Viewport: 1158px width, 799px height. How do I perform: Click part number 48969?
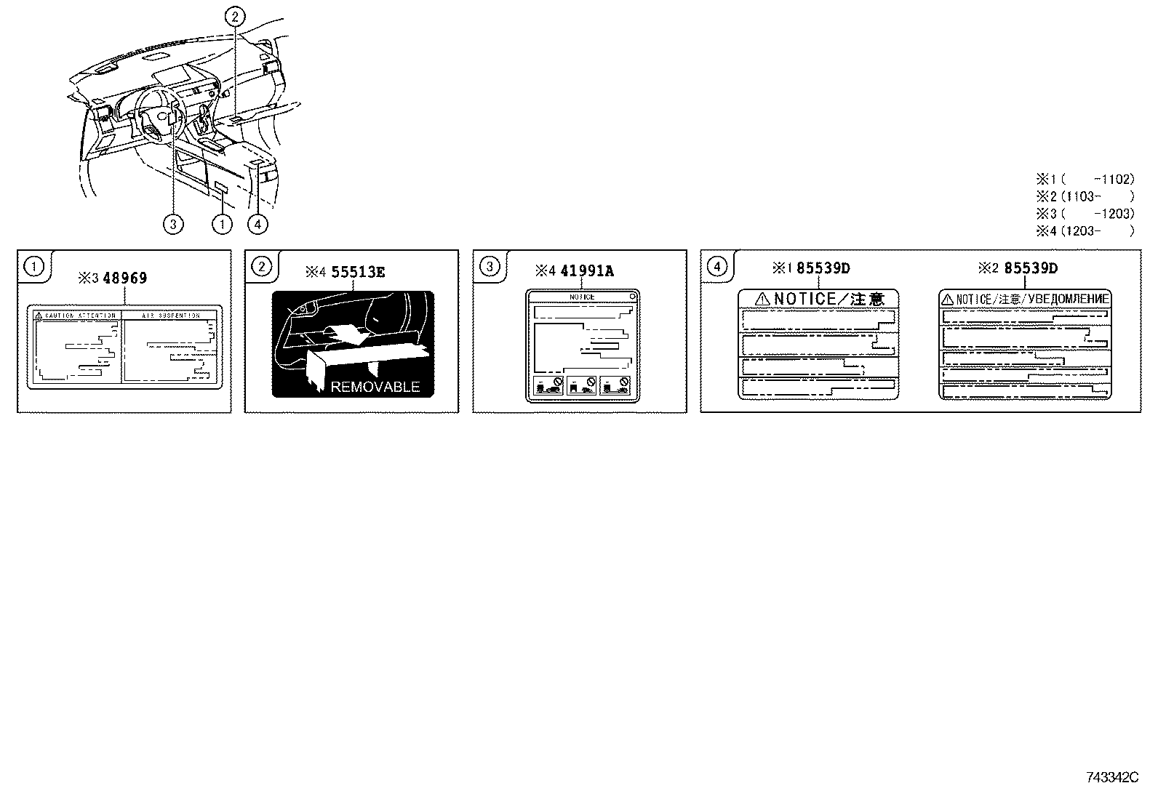125,278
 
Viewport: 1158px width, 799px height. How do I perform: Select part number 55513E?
358,273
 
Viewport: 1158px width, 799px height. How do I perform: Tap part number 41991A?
587,271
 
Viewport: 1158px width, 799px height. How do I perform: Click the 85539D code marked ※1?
823,268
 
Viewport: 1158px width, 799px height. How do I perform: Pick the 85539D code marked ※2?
1031,268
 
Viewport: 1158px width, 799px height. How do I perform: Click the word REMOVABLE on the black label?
375,387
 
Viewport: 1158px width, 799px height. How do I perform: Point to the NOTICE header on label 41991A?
582,297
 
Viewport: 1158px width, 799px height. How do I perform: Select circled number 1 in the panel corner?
33,267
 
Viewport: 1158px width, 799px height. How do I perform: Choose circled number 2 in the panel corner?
261,267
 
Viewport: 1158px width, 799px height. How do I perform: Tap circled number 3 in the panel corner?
490,267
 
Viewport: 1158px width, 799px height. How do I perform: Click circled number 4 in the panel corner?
717,267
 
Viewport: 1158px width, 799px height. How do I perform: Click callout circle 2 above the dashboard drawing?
235,18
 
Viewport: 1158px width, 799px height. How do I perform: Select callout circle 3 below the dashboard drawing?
173,224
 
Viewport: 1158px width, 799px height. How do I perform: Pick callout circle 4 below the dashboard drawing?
257,224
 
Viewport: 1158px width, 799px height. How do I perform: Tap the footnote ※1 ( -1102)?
1085,179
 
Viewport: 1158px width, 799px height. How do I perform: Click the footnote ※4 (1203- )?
1085,231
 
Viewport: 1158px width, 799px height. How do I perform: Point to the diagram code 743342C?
1111,778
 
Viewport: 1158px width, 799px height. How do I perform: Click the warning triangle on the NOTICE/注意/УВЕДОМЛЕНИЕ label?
947,299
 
